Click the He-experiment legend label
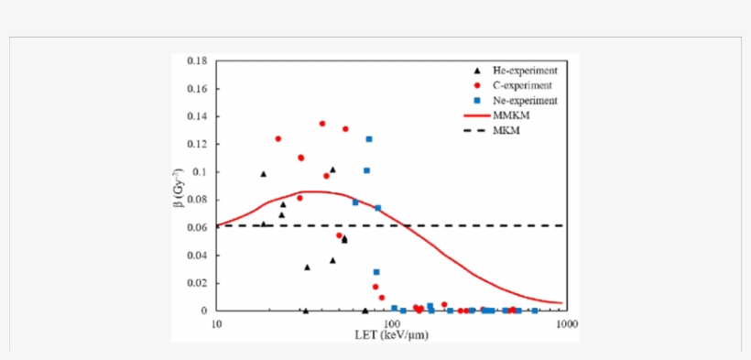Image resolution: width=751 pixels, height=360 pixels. pyautogui.click(x=525, y=71)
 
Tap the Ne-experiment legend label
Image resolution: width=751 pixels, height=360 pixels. pyautogui.click(x=525, y=100)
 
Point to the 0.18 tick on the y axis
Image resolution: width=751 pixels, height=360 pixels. pyautogui.click(x=197, y=60)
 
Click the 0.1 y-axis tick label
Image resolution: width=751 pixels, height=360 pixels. pyautogui.click(x=201, y=172)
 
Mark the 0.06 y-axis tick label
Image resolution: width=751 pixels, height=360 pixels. pyautogui.click(x=197, y=227)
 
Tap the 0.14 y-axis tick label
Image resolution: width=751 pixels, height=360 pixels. pyautogui.click(x=197, y=116)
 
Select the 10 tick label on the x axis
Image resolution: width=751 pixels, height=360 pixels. pyautogui.click(x=216, y=323)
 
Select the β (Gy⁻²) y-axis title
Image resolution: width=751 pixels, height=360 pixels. pyautogui.click(x=180, y=187)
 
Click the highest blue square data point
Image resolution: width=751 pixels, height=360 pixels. pyautogui.click(x=369, y=139)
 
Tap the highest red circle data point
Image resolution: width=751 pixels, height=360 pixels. pyautogui.click(x=322, y=124)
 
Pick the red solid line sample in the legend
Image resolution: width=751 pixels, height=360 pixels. pyautogui.click(x=475, y=115)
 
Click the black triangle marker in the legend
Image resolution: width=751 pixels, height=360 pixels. pyautogui.click(x=475, y=71)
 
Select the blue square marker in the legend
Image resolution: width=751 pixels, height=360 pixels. pyautogui.click(x=475, y=100)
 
